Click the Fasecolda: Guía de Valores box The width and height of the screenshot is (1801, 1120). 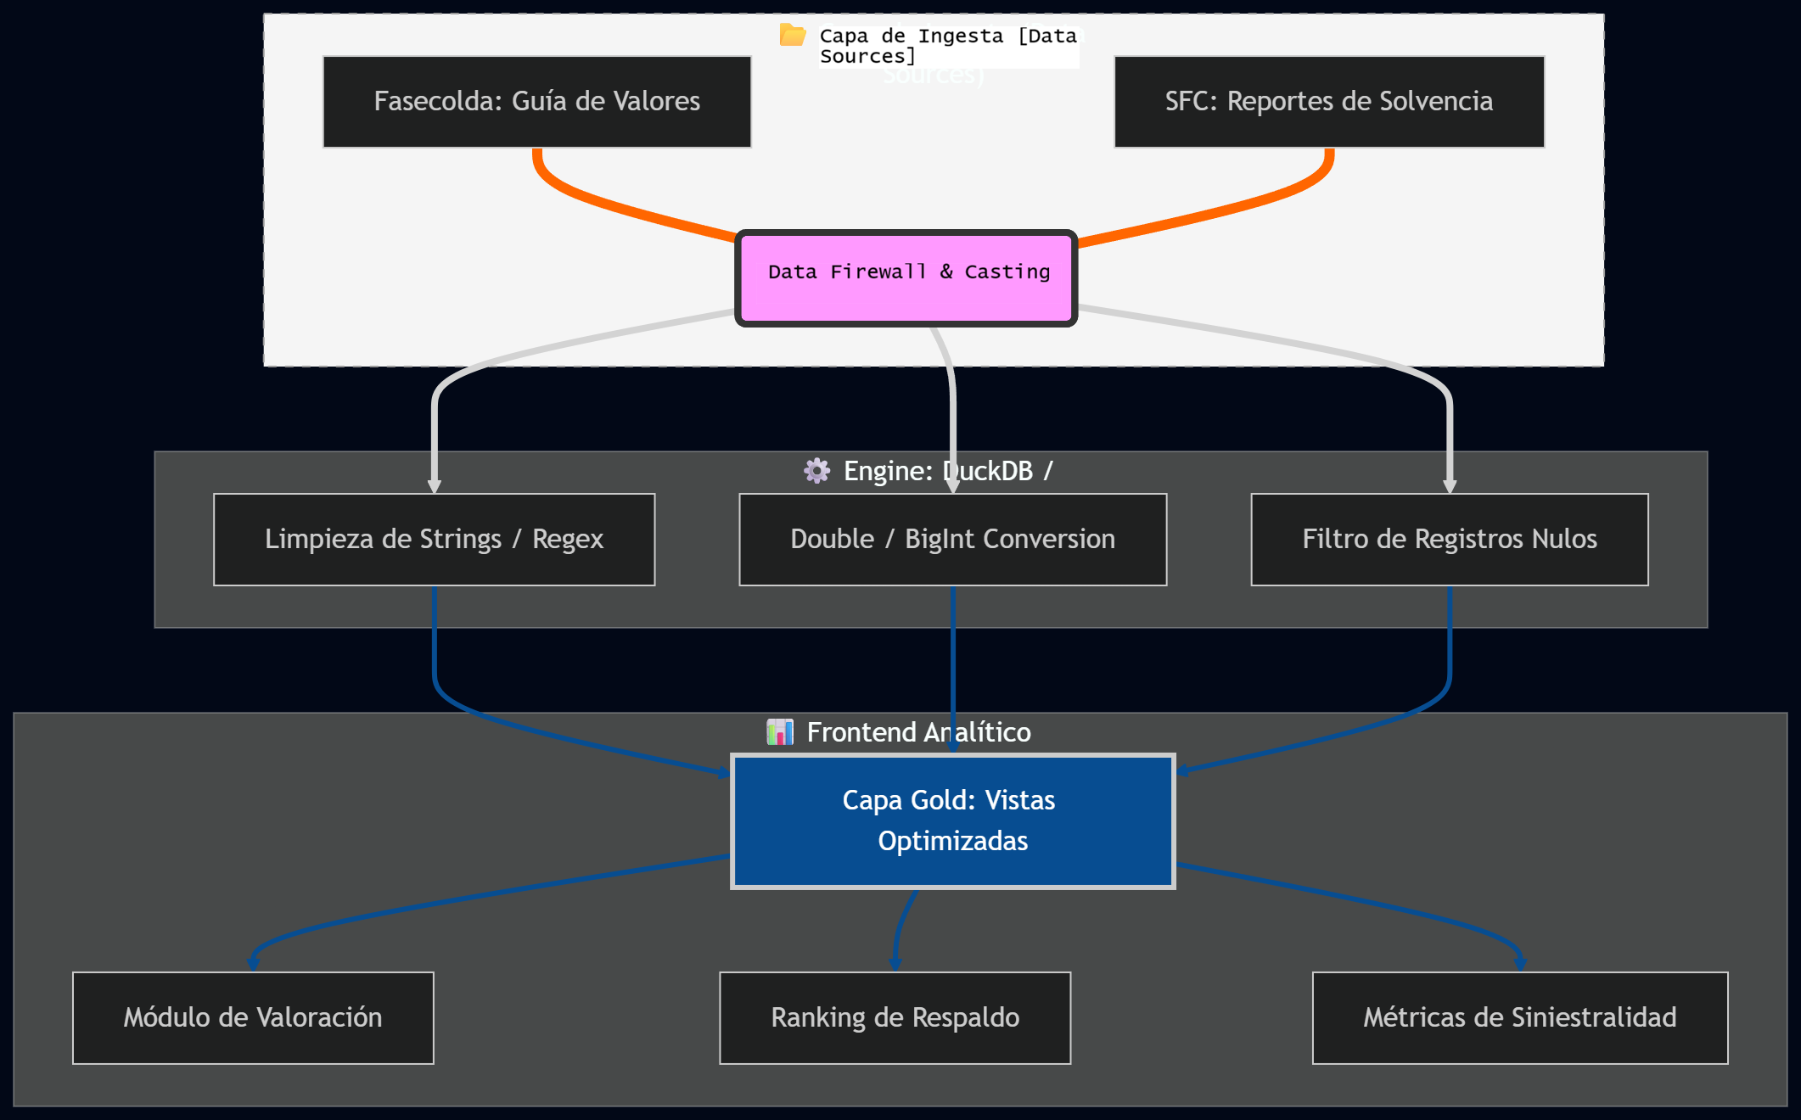pos(536,102)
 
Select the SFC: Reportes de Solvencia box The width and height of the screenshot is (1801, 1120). pos(1328,102)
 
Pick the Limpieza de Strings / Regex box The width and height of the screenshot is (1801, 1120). pos(434,540)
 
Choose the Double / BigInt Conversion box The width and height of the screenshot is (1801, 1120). pos(952,540)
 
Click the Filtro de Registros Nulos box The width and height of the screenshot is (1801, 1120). pos(1449,540)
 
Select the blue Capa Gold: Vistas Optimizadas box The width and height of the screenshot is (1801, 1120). pos(952,820)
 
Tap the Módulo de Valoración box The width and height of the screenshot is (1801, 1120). pos(253,1017)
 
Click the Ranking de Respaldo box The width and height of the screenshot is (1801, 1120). pos(895,1017)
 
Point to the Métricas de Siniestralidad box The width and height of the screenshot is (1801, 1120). pos(1519,1017)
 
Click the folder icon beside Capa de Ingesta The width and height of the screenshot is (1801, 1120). pos(792,36)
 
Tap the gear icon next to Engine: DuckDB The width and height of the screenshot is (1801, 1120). pos(816,471)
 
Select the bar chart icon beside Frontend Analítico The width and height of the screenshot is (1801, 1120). pos(779,731)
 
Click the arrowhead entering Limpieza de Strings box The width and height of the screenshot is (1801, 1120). pos(434,486)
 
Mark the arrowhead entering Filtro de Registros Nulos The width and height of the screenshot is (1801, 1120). pos(1449,486)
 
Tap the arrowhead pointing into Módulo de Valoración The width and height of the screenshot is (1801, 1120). pos(253,963)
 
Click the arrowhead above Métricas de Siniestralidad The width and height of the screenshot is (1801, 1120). pos(1519,963)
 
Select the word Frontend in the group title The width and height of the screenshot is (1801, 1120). pos(861,732)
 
